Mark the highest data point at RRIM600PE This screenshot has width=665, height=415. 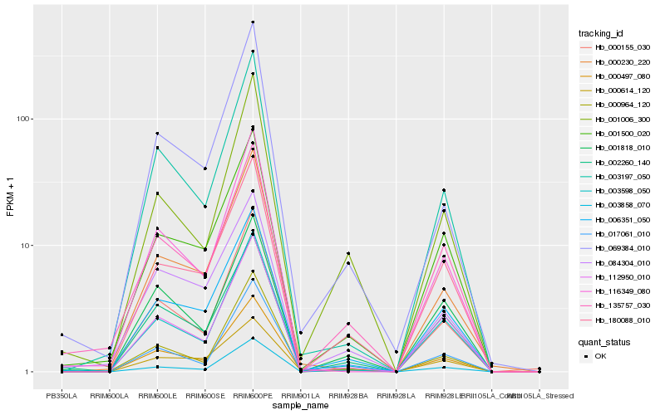click(x=253, y=22)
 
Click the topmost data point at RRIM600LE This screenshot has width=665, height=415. click(x=157, y=134)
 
